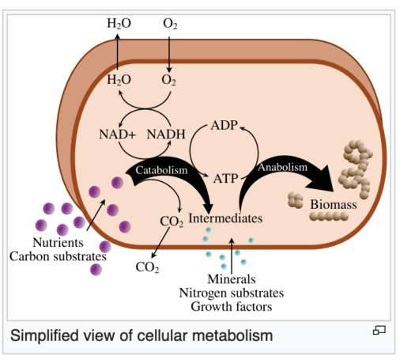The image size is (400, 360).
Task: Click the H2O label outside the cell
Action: (x=119, y=23)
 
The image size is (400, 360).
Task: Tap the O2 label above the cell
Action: (x=170, y=24)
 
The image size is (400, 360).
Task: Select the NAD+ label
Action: (x=117, y=135)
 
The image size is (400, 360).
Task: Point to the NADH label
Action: (x=166, y=135)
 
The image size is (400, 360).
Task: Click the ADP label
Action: (x=225, y=125)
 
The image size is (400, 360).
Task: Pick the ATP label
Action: (x=225, y=179)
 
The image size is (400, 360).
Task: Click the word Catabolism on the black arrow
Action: (x=161, y=170)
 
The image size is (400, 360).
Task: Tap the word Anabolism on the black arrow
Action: (x=282, y=167)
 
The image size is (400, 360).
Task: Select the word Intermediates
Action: (x=225, y=218)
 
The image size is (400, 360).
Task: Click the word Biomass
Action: (x=334, y=204)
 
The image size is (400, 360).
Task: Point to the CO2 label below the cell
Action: (x=147, y=267)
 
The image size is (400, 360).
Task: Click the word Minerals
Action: (x=232, y=279)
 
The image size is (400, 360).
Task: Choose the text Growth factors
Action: (x=232, y=306)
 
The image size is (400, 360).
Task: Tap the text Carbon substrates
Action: (x=58, y=256)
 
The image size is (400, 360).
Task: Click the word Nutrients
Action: (x=58, y=242)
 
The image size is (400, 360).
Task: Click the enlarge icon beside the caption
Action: (x=379, y=330)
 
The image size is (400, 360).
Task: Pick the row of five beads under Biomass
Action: (x=329, y=217)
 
